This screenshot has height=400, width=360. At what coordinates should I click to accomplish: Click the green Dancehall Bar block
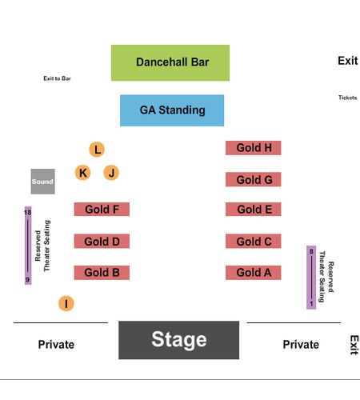(170, 62)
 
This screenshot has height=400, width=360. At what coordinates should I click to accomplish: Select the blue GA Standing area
(172, 110)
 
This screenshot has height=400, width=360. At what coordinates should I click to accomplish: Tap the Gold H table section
(254, 148)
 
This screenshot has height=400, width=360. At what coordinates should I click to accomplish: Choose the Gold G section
(254, 179)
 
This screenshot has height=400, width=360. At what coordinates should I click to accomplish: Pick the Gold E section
(254, 209)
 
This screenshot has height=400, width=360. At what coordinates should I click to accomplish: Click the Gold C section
(254, 241)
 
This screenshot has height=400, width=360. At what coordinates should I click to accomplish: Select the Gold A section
(254, 273)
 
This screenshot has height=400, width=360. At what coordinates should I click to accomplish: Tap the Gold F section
(102, 209)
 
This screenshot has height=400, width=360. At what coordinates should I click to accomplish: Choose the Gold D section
(102, 241)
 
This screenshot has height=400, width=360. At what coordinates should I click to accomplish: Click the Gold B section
(102, 273)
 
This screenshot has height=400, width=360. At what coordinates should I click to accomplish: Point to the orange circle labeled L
(97, 150)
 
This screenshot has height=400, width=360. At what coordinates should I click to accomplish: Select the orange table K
(82, 173)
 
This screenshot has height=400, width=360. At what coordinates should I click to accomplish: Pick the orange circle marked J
(111, 173)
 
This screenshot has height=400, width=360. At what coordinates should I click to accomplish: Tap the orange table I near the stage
(66, 303)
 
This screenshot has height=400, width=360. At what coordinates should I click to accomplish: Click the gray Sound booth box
(43, 182)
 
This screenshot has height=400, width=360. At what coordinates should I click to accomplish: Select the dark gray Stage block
(179, 340)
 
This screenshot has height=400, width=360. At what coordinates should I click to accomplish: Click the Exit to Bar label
(57, 78)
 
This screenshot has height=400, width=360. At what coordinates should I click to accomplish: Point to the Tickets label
(348, 98)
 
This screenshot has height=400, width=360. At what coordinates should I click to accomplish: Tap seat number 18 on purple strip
(28, 212)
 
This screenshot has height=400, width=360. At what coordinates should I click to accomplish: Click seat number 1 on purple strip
(311, 304)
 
